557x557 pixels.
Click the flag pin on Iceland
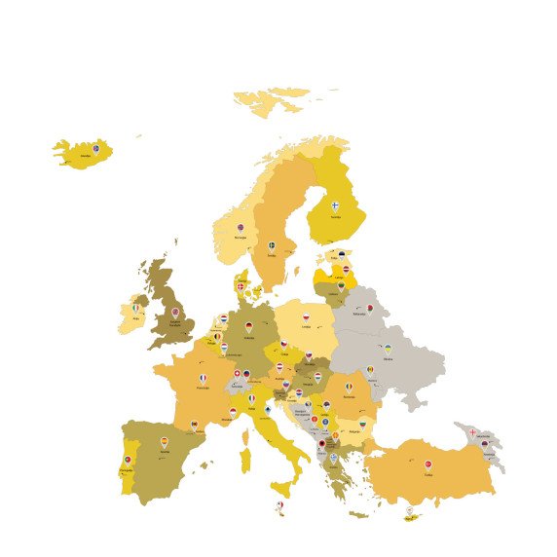coord(95,148)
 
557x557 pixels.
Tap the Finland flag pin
coord(336,206)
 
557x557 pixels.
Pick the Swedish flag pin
coord(272,246)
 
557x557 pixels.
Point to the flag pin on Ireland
coord(136,309)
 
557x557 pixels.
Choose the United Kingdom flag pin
coord(175,313)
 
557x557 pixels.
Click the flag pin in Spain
coord(165,442)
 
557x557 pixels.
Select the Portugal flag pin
coord(128,460)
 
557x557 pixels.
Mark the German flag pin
coord(249,328)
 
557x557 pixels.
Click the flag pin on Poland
coord(305,317)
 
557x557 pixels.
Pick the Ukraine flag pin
coord(387,348)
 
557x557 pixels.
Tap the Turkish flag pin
coord(427,465)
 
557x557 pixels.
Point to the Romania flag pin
coord(349,387)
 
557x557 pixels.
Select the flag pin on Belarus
coord(370,309)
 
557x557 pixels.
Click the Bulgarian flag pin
coord(363,424)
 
